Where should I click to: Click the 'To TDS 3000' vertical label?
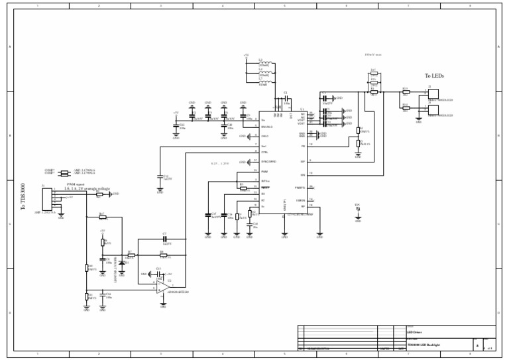coord(23,198)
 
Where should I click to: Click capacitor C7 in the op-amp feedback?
coord(164,239)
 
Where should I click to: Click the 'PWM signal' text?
coord(76,185)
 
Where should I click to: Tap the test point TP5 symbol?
coord(358,210)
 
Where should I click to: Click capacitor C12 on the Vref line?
coord(160,177)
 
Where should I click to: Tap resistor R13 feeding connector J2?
coord(406,92)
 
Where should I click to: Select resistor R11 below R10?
coord(87,296)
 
